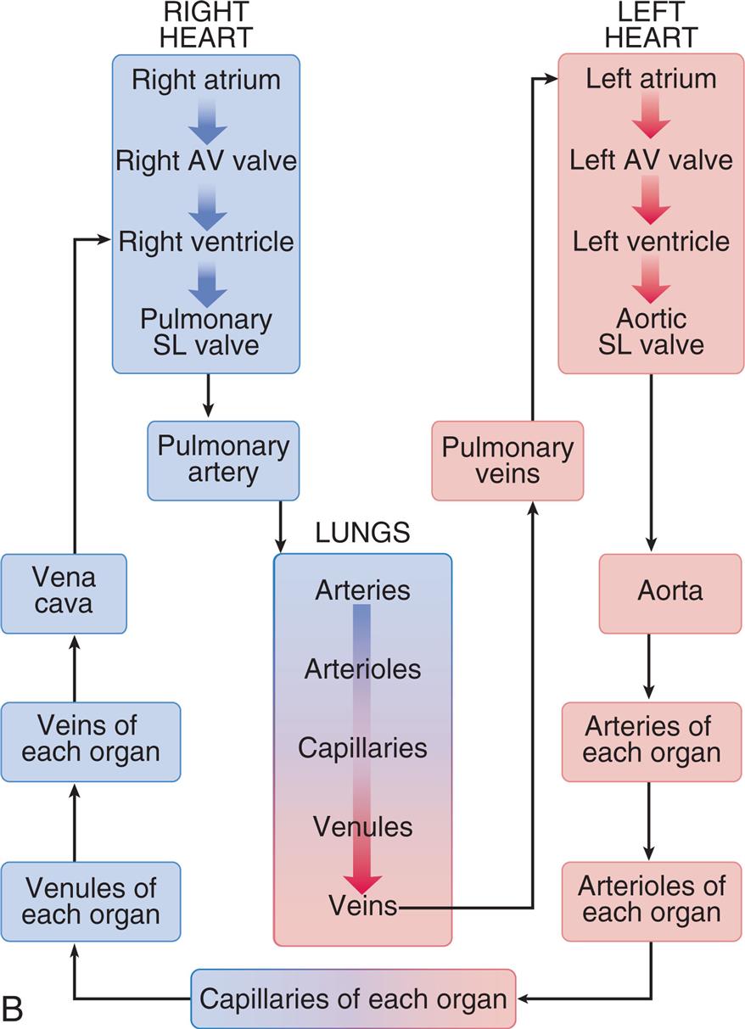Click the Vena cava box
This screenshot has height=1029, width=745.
tap(64, 594)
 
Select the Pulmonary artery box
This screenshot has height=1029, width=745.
tap(223, 460)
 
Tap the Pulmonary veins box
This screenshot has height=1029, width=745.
tap(507, 460)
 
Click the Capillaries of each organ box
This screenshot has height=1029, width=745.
tap(353, 998)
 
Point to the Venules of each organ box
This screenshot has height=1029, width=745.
tap(90, 901)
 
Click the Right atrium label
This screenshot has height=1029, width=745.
tap(206, 81)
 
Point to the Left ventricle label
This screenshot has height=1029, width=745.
tap(651, 241)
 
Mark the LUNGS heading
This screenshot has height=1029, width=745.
tap(362, 533)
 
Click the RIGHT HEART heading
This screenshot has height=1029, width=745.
tap(206, 25)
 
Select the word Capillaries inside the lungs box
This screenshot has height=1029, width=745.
tap(361, 748)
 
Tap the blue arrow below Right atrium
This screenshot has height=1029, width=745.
tap(207, 121)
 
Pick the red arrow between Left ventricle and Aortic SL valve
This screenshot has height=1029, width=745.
tap(651, 281)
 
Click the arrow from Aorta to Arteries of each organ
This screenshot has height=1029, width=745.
tap(651, 668)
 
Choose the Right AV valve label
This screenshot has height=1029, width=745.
tap(206, 160)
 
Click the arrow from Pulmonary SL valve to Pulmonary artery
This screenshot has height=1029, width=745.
tap(207, 396)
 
